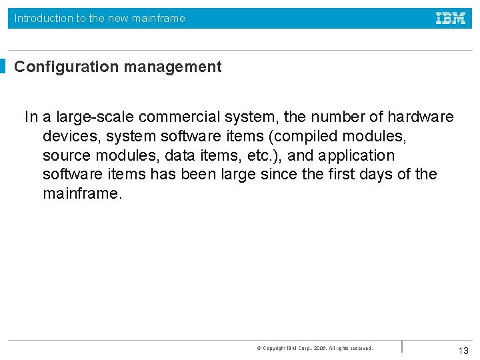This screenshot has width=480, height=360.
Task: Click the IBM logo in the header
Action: pos(451,18)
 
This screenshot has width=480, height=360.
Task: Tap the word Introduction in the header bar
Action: pos(43,18)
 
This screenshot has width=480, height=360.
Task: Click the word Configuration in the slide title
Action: pos(57,67)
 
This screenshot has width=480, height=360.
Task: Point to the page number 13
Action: pos(463,351)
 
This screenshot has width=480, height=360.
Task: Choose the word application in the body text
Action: pos(357,156)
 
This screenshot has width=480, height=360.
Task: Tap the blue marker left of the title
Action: pos(3,67)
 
